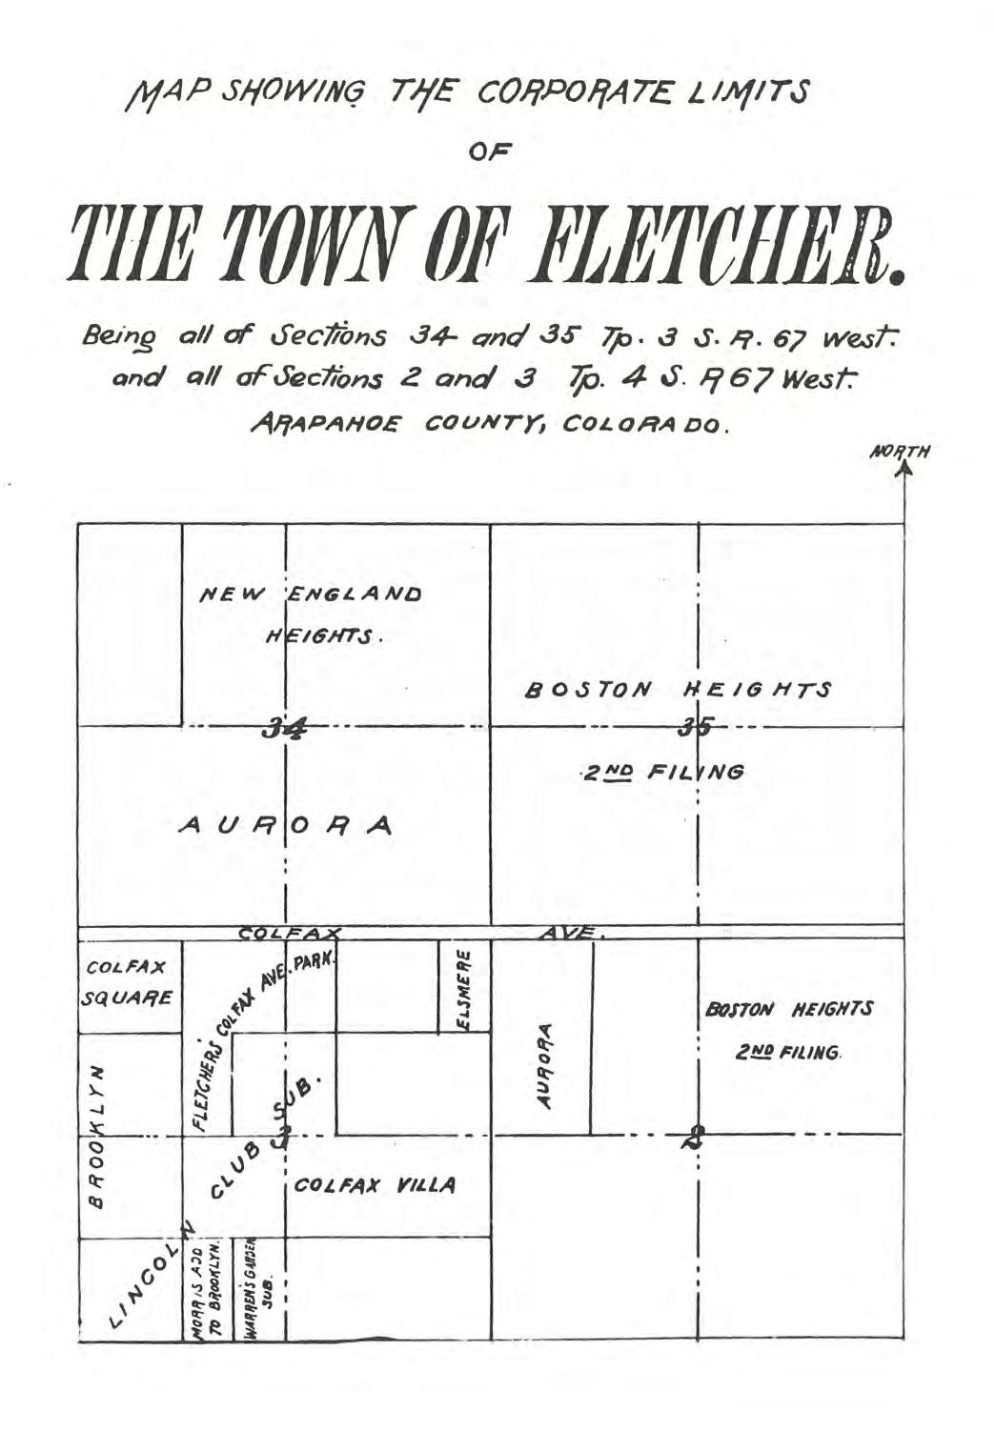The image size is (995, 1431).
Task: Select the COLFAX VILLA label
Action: point(375,1186)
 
